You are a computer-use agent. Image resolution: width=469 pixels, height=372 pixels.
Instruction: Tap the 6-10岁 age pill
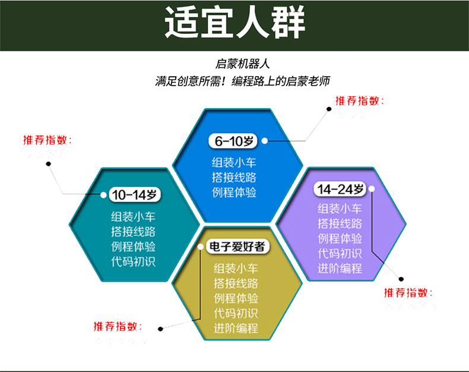coord(234,141)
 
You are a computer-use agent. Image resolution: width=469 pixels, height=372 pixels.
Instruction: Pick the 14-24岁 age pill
coord(340,190)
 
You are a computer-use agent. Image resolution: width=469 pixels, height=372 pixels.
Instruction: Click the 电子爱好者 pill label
coord(235,247)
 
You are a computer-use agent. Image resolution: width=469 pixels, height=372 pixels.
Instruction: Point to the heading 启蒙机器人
coord(243,64)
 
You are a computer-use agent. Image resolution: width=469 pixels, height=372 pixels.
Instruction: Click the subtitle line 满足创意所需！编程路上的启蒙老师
coord(242,81)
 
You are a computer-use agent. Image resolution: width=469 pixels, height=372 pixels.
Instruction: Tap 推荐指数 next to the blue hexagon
coord(360,101)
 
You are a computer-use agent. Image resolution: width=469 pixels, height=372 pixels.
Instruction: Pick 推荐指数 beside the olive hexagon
coord(118,326)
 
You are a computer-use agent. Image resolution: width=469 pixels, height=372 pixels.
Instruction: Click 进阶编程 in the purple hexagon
coord(340,269)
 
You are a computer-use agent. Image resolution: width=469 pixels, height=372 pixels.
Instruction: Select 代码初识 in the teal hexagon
coord(133,261)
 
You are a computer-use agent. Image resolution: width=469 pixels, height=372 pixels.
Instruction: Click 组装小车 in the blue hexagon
coord(235,162)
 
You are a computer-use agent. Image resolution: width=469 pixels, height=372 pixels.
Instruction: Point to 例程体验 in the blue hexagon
coord(235,192)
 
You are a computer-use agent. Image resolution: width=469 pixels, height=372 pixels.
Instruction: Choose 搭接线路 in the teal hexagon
coord(133,231)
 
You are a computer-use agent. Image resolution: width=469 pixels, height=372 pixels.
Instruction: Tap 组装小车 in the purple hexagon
coord(340,209)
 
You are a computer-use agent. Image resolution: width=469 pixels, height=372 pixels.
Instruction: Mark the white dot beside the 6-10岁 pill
coord(265,141)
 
